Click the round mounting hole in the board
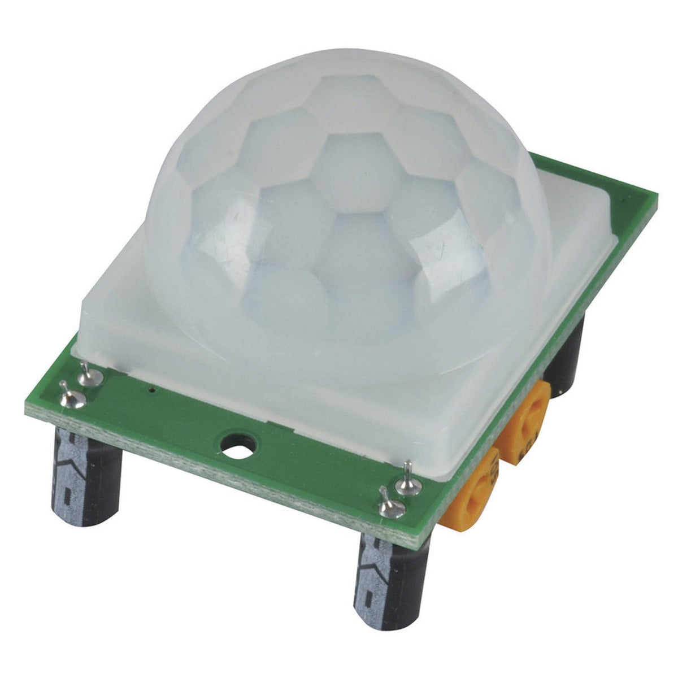[x=237, y=443]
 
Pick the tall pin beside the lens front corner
[x=407, y=479]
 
